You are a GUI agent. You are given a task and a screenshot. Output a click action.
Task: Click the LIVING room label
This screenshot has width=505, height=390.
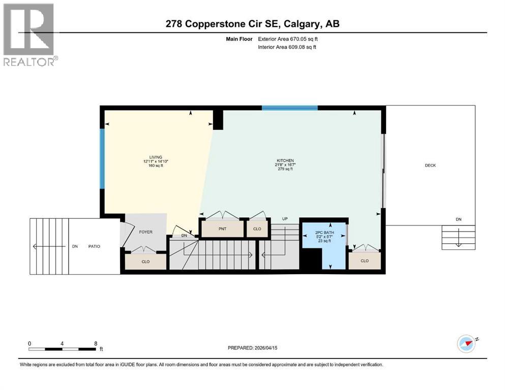pos(155,157)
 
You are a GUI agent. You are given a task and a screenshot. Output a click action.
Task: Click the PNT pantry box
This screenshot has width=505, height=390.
pos(222,229)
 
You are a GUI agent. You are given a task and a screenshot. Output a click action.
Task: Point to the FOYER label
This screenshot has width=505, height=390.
pos(146,232)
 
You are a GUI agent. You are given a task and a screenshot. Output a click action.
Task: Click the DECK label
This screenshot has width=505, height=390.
pos(430,165)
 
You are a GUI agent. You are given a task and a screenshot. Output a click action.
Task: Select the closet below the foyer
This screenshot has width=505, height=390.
pos(146,261)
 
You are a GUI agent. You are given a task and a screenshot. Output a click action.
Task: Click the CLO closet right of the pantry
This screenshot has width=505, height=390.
pos(257,229)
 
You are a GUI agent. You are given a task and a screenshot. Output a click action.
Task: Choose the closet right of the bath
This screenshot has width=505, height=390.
pos(364,261)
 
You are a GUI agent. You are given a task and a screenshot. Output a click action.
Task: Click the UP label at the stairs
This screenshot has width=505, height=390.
pos(285,219)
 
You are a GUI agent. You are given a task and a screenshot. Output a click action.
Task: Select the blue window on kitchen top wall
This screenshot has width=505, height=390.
pos(289,108)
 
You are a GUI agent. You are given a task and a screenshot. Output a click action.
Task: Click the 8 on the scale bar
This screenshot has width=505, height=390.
pos(96,343)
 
